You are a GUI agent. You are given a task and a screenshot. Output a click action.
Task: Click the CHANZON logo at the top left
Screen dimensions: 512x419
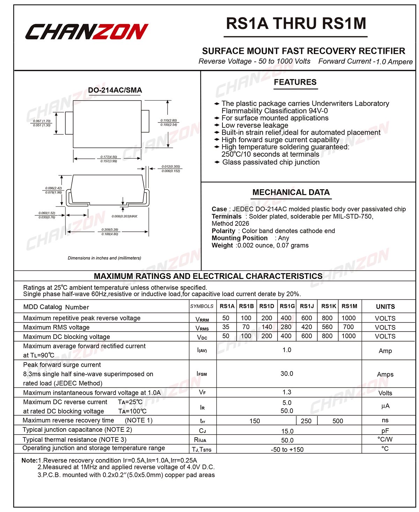pyautogui.click(x=87, y=32)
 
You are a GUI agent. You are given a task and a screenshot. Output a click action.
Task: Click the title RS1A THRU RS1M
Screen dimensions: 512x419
pyautogui.click(x=296, y=24)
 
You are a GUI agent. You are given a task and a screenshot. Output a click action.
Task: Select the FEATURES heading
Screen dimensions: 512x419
pyautogui.click(x=295, y=82)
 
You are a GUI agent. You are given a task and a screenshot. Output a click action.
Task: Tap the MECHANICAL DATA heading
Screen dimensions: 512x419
pyautogui.click(x=291, y=192)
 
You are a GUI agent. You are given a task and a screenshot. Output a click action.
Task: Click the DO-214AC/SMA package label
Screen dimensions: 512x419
pyautogui.click(x=115, y=90)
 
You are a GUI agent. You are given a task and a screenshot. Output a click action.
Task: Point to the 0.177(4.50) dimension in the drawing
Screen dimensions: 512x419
pyautogui.click(x=109, y=157)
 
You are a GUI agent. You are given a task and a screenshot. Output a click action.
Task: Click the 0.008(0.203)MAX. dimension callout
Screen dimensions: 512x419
pyautogui.click(x=125, y=216)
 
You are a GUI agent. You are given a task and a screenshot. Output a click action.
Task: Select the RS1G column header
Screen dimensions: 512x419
pyautogui.click(x=287, y=306)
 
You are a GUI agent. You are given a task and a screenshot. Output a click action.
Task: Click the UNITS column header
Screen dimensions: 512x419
pyautogui.click(x=385, y=307)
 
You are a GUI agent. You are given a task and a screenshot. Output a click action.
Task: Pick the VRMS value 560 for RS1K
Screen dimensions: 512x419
pyautogui.click(x=327, y=327)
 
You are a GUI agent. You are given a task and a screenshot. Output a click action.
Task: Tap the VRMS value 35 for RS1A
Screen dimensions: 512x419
pyautogui.click(x=226, y=327)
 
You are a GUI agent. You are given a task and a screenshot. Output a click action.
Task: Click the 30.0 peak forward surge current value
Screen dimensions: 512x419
pyautogui.click(x=287, y=374)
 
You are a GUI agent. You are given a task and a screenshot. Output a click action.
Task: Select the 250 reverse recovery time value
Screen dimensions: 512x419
pyautogui.click(x=306, y=421)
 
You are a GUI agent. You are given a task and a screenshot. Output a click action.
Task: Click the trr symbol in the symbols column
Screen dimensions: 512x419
pyautogui.click(x=203, y=421)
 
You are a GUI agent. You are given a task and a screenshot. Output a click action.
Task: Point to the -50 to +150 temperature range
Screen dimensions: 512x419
pyautogui.click(x=287, y=450)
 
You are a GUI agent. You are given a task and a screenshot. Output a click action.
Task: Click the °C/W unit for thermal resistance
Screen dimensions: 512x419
pyautogui.click(x=385, y=439)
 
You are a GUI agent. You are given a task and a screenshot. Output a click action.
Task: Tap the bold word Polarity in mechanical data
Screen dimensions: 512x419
pyautogui.click(x=223, y=231)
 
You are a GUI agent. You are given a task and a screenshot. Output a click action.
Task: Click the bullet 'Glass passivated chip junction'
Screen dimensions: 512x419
pyautogui.click(x=271, y=162)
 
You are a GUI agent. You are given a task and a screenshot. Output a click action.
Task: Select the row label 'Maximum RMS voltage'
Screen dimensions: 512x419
pyautogui.click(x=56, y=327)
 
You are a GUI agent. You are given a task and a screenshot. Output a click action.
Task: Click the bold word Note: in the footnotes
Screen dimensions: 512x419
pyautogui.click(x=29, y=460)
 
